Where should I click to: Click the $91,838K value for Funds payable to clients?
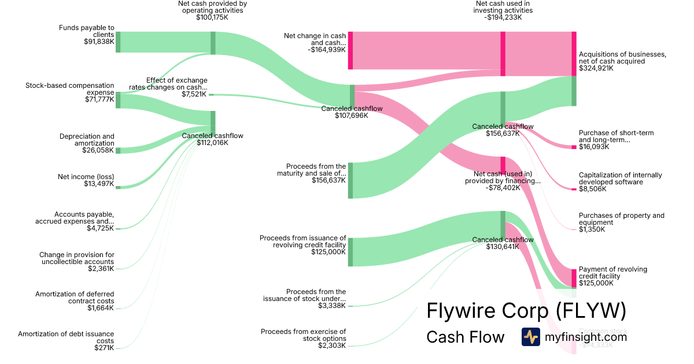[99, 42]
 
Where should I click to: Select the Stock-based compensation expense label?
[70, 89]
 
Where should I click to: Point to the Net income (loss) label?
[86, 177]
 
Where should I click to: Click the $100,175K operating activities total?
[212, 17]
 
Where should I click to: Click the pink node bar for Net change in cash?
[350, 51]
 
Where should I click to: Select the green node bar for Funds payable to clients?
[118, 42]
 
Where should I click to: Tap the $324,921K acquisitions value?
[596, 68]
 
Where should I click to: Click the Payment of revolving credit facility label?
[613, 273]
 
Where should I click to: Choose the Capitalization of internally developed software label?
[620, 179]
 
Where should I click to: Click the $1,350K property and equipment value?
[592, 229]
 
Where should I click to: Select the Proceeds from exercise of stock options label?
[303, 335]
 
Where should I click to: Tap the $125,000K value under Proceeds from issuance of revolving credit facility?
[328, 252]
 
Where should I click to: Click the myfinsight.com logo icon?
[530, 337]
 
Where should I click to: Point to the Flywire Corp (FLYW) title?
[526, 311]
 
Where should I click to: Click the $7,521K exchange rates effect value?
[194, 94]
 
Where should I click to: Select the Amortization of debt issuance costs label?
[66, 337]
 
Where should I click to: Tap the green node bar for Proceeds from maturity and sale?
[350, 180]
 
